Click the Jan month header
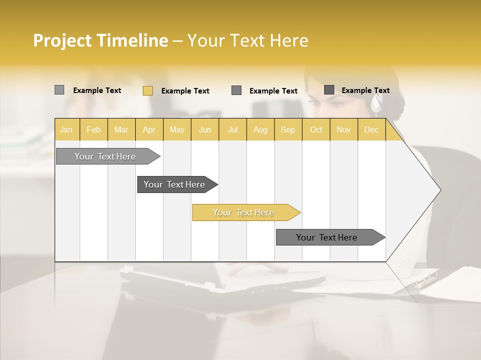(x=67, y=129)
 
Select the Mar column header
(x=121, y=129)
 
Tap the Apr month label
(x=149, y=129)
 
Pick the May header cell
(x=177, y=129)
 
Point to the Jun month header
(x=205, y=129)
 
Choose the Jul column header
(x=232, y=129)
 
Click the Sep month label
(x=288, y=129)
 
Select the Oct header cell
(x=316, y=129)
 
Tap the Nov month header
(x=344, y=129)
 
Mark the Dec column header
(x=371, y=129)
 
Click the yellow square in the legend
(x=148, y=90)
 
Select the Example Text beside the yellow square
(x=185, y=91)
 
